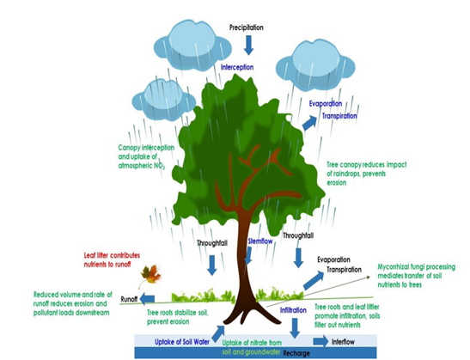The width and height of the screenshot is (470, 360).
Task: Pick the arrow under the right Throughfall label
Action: tap(298, 257)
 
